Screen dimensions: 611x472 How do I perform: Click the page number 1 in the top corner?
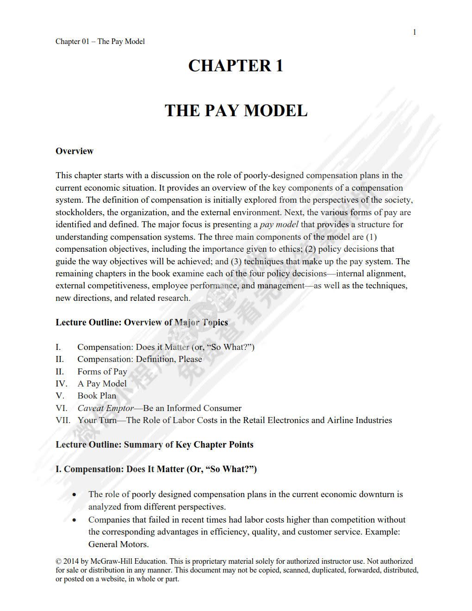(x=415, y=32)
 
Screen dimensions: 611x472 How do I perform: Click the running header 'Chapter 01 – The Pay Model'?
(x=100, y=41)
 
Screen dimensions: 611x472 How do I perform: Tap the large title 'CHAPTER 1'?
(x=236, y=66)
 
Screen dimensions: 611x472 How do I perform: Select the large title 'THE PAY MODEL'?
(x=236, y=111)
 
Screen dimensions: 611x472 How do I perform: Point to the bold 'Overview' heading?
(x=75, y=151)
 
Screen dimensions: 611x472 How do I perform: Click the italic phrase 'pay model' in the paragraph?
(x=279, y=224)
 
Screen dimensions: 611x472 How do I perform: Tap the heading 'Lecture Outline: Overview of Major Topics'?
(x=142, y=322)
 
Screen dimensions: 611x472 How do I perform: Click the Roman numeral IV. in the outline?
(x=61, y=384)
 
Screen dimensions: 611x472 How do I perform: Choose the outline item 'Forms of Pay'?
(x=102, y=371)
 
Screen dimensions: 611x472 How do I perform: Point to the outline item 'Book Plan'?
(x=97, y=396)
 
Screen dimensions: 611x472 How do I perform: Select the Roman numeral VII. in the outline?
(x=63, y=420)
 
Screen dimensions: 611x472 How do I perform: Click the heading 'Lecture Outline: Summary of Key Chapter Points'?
(x=155, y=444)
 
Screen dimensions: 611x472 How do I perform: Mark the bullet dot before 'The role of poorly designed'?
(x=75, y=495)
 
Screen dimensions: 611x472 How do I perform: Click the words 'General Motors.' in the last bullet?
(x=118, y=544)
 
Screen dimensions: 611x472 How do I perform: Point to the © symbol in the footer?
(x=58, y=561)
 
